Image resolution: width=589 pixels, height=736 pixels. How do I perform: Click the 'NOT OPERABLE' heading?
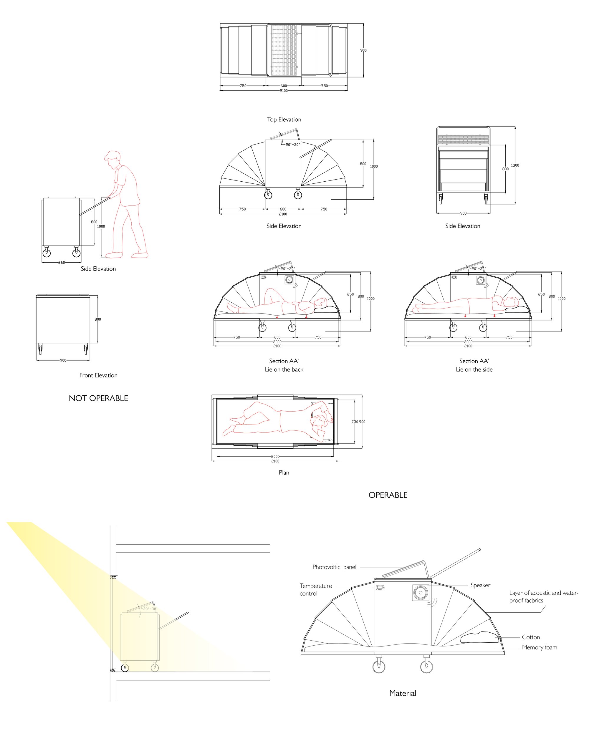tap(98, 398)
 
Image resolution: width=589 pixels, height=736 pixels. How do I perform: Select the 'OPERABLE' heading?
tap(388, 495)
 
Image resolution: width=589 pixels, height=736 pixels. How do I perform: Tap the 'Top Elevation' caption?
tap(284, 120)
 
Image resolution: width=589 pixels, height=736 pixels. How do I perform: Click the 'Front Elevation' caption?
tap(98, 375)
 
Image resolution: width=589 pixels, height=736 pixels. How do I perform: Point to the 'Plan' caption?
tap(284, 473)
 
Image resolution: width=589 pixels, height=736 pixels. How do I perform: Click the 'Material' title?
tap(403, 693)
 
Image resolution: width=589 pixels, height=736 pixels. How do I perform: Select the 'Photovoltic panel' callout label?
tap(334, 567)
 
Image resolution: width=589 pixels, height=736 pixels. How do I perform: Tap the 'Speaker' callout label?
tap(480, 585)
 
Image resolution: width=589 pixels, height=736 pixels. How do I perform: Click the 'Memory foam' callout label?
tap(540, 647)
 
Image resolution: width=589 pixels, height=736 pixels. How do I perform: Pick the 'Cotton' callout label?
tap(531, 637)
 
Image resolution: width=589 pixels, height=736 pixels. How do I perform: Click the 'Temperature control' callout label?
tap(316, 590)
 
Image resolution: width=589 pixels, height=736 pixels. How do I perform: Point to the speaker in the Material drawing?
tap(421, 593)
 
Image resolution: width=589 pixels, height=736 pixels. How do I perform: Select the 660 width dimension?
tap(62, 263)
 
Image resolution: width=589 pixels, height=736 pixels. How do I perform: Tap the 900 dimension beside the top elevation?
tap(363, 50)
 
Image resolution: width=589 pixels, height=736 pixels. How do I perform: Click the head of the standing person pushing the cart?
tap(113, 159)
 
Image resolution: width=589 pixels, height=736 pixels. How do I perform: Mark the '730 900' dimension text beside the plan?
tap(358, 422)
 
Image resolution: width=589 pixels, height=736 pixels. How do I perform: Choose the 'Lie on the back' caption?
tap(284, 369)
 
